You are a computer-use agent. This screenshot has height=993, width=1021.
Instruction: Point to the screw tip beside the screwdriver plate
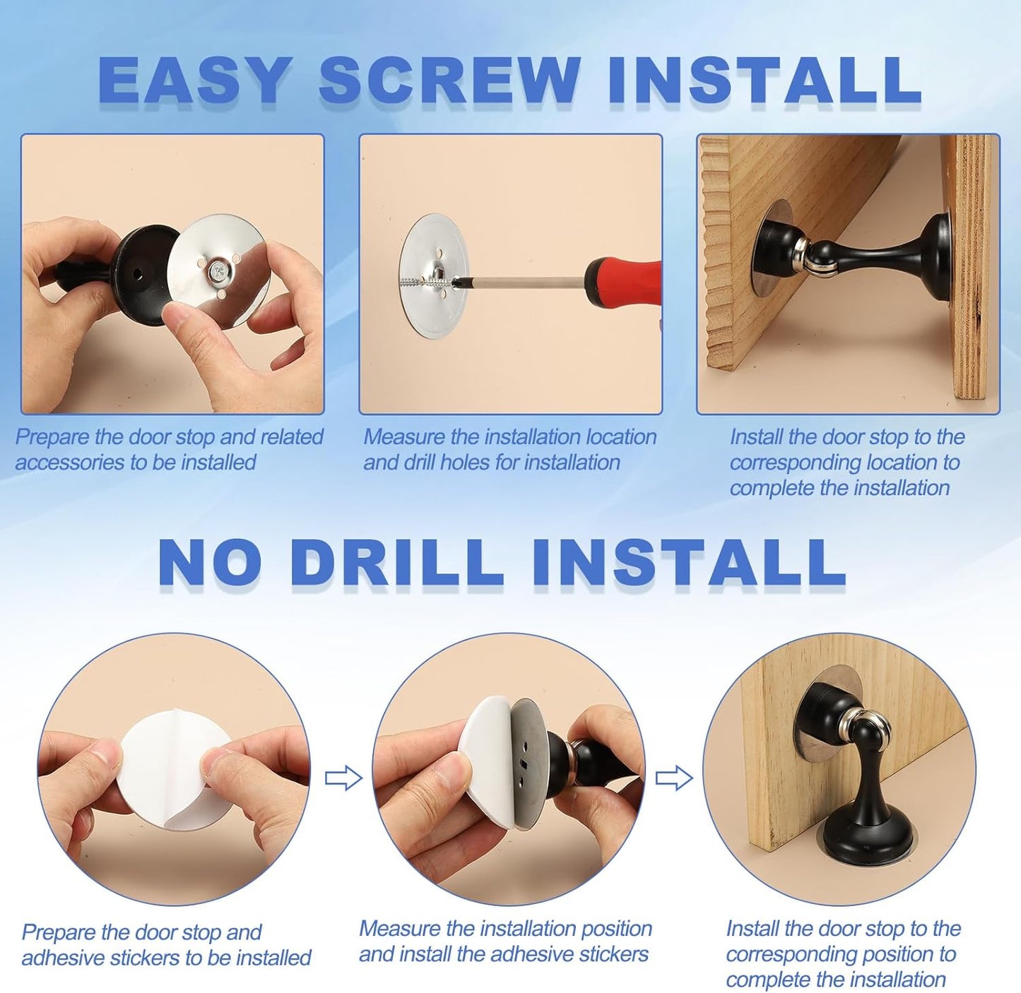410,283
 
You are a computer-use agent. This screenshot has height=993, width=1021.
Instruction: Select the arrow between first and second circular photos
343,778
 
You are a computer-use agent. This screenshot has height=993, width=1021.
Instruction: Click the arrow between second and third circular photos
674,778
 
